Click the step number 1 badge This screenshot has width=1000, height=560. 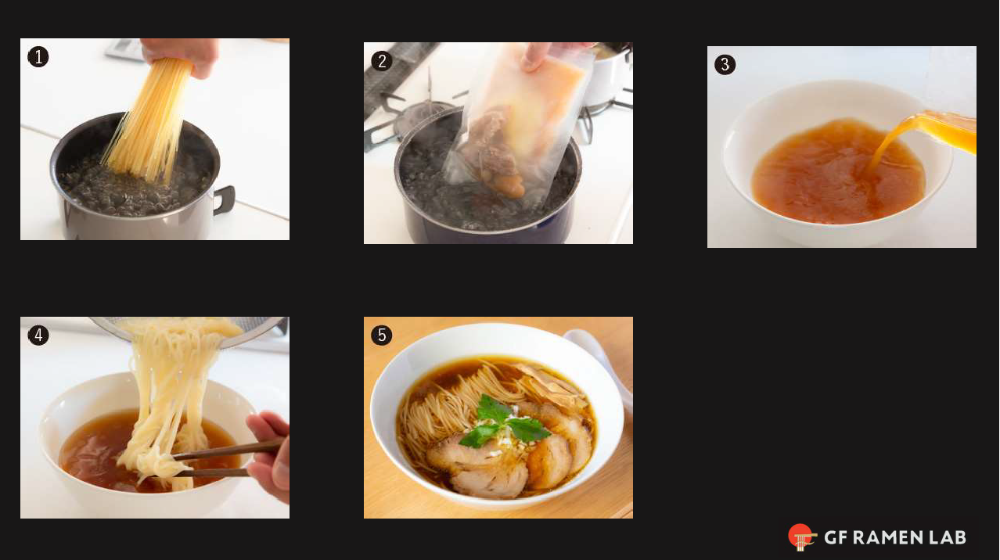(x=38, y=57)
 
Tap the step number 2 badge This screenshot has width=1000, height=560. (x=382, y=61)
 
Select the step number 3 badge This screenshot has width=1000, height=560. (x=725, y=65)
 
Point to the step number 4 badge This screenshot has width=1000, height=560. (x=38, y=336)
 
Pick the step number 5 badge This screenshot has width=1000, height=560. (x=382, y=336)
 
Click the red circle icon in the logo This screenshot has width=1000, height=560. (x=800, y=537)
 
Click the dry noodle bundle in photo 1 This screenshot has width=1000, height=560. (x=153, y=117)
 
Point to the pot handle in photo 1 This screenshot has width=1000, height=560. (x=224, y=200)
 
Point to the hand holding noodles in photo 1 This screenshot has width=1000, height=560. (x=184, y=55)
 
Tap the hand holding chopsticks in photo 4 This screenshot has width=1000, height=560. (x=270, y=454)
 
